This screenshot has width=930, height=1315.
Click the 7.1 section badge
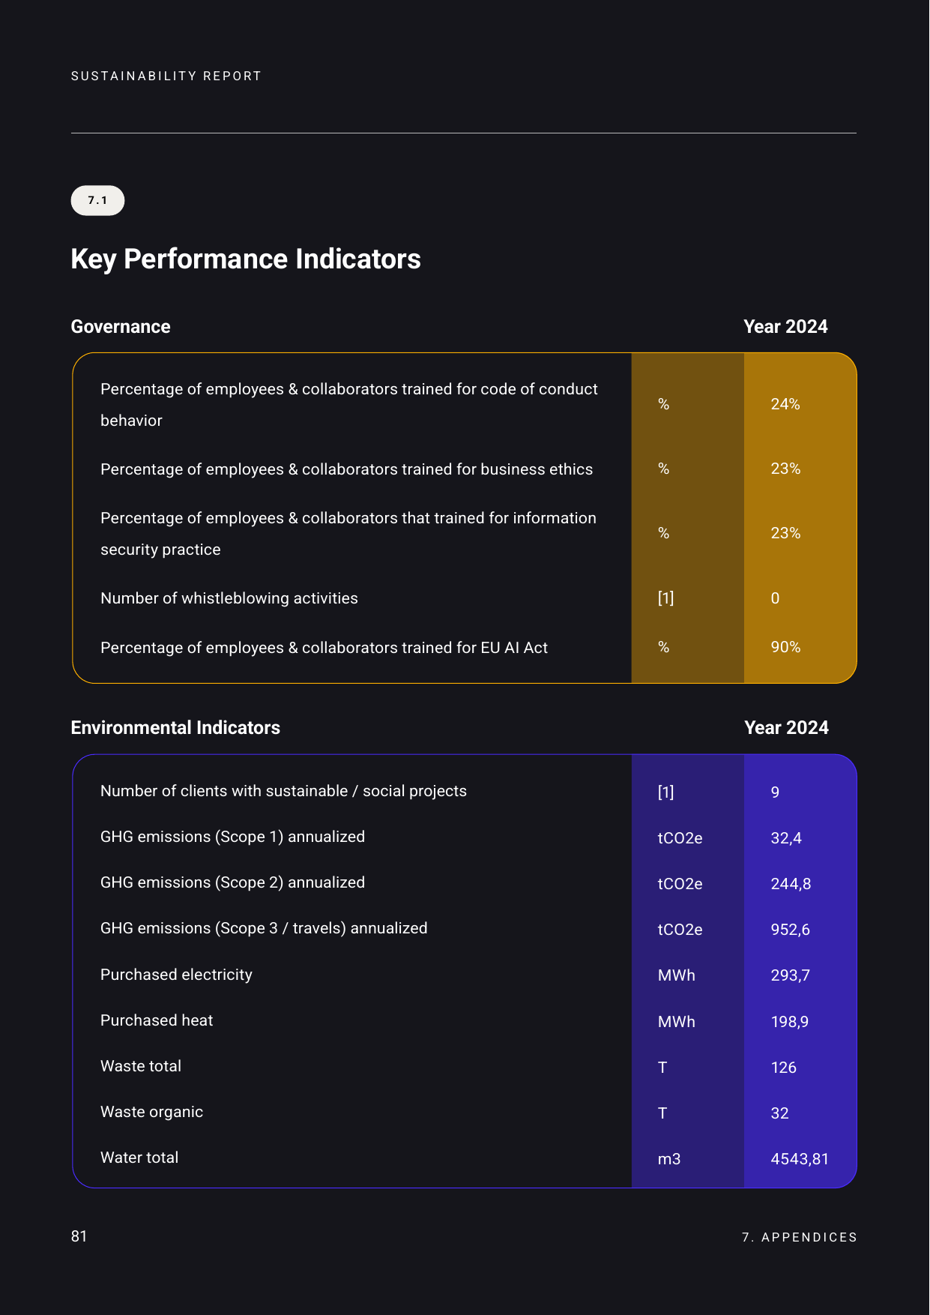coord(97,200)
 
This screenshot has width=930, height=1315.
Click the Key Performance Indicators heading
coord(246,259)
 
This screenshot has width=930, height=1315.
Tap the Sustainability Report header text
coord(166,76)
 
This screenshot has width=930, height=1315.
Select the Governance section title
coord(121,327)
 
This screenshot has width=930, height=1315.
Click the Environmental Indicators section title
coord(175,728)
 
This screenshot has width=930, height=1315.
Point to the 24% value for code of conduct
coord(785,404)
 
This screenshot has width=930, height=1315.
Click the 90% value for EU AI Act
coord(785,647)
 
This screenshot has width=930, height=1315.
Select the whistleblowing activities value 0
coord(775,598)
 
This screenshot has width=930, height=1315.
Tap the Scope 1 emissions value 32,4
coord(786,838)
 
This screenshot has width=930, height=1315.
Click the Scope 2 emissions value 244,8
coord(791,884)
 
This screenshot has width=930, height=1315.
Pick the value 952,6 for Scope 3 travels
coord(790,930)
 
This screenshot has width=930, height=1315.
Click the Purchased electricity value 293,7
coord(790,975)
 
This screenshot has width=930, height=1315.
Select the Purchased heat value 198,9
coord(789,1022)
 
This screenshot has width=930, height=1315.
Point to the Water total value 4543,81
coord(800,1159)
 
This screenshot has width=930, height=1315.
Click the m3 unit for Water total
coord(669,1159)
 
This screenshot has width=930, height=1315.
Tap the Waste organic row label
coord(151,1112)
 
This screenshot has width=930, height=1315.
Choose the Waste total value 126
coord(783,1068)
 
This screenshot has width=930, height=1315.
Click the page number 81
coord(79,1236)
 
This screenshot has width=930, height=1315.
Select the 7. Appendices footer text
coord(799,1237)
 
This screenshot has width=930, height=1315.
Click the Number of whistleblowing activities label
coord(229,598)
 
